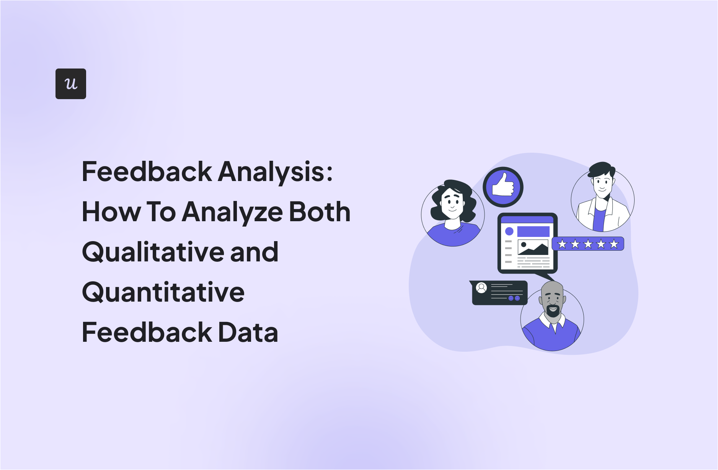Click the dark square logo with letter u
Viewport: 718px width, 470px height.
pyautogui.click(x=71, y=84)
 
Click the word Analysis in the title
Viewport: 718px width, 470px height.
pyautogui.click(x=275, y=172)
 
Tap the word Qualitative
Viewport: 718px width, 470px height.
pyautogui.click(x=152, y=252)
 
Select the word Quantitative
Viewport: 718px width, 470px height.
pyautogui.click(x=163, y=292)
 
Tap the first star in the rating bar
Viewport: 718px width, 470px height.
pyautogui.click(x=562, y=244)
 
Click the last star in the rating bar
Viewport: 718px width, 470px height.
pyautogui.click(x=614, y=244)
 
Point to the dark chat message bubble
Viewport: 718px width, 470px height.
pyautogui.click(x=499, y=293)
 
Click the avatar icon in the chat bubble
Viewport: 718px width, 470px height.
pyautogui.click(x=481, y=287)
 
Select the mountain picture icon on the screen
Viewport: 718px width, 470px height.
pyautogui.click(x=533, y=248)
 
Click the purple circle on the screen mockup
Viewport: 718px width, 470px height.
pyautogui.click(x=509, y=231)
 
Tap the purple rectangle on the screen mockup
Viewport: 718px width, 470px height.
pyautogui.click(x=533, y=231)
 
